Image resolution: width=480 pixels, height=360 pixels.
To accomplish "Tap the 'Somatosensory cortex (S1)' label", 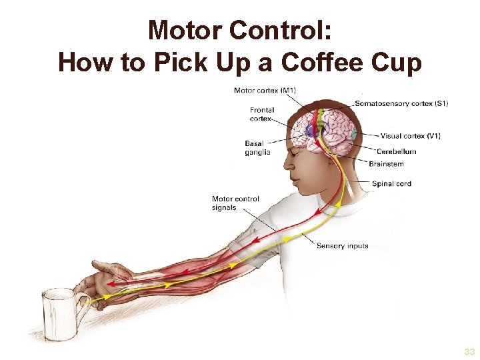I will [401, 103].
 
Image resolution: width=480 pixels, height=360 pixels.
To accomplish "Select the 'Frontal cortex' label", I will [262, 114].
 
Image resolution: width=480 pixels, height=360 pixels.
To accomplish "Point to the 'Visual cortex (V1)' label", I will [410, 136].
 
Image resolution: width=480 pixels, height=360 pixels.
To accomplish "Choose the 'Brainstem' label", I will [386, 164].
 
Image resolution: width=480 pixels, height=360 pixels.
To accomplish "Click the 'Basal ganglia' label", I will [257, 147].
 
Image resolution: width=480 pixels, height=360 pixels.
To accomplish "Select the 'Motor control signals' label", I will [235, 203].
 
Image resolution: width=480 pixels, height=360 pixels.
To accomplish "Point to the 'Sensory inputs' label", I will [342, 246].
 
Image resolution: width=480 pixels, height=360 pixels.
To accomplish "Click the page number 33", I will [469, 352].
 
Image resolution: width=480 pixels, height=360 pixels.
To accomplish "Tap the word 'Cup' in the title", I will [397, 63].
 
